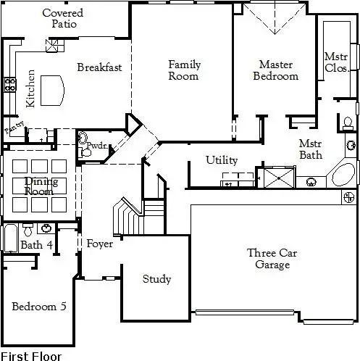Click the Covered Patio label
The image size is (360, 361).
(62, 19)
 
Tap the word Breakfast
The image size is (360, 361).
(99, 67)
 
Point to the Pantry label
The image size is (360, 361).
(13, 130)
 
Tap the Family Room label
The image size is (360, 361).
(184, 70)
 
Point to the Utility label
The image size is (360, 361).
(221, 160)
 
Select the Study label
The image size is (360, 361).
(156, 279)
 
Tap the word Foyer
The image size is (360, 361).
(99, 244)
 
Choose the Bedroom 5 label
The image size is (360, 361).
(39, 307)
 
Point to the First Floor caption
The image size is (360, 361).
(31, 356)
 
